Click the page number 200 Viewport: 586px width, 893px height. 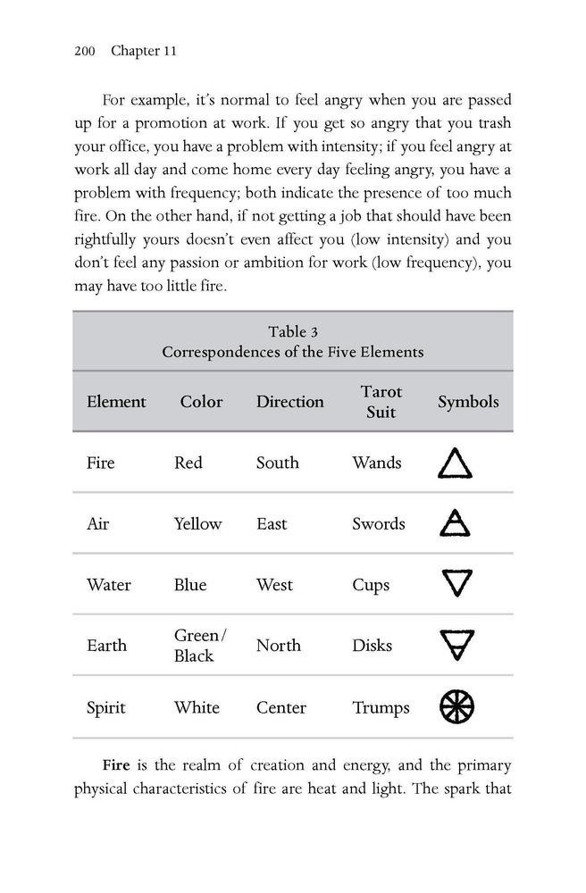pos(84,51)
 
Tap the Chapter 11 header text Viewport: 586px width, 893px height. pos(144,51)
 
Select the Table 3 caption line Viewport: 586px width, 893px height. pos(293,332)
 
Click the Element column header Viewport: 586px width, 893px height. pos(116,402)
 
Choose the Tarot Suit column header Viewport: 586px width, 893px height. pos(381,402)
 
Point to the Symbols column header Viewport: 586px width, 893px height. pos(468,402)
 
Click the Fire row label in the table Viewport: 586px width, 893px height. pos(101,463)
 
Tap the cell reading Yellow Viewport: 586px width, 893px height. pos(197,524)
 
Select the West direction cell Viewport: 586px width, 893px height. pos(274,585)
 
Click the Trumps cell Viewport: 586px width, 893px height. pos(381,708)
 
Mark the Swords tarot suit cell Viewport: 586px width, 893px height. pos(379,524)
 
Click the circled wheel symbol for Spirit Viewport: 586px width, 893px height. pos(456,707)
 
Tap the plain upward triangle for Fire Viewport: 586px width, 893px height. pos(456,463)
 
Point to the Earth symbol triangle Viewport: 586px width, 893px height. pos(456,645)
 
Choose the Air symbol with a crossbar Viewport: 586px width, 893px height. pos(456,523)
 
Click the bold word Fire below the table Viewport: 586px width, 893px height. pos(116,765)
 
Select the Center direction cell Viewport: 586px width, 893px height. pos(281,708)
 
